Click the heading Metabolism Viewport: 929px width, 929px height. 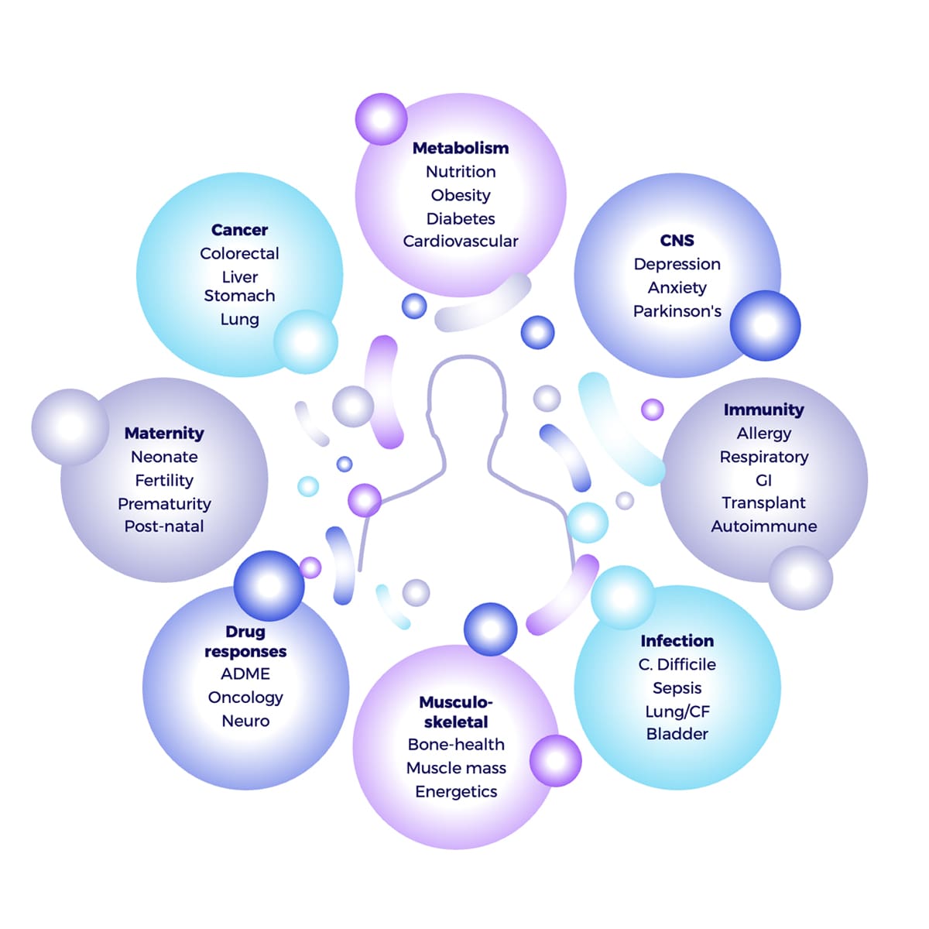click(461, 148)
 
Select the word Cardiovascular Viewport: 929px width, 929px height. click(461, 241)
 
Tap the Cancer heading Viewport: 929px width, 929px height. click(239, 230)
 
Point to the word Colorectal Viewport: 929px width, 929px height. click(239, 253)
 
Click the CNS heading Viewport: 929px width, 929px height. click(677, 241)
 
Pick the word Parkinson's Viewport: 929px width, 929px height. click(677, 311)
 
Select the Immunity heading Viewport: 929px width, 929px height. click(763, 410)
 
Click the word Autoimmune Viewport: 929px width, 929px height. click(763, 526)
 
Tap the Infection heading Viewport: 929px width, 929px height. click(677, 641)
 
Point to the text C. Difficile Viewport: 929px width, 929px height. click(677, 664)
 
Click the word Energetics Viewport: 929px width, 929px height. click(456, 791)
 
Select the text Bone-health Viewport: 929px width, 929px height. click(456, 745)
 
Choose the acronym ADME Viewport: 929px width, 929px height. click(245, 674)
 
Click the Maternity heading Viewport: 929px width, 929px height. click(164, 434)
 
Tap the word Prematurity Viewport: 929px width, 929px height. click(164, 504)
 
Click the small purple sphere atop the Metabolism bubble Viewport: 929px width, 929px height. click(381, 119)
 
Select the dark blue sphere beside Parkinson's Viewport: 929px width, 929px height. click(765, 325)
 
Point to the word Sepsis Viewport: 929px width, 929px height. click(677, 688)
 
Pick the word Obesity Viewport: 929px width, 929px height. click(461, 195)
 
